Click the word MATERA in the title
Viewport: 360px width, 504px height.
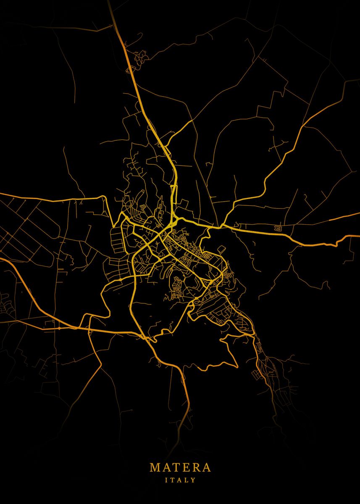click(180, 467)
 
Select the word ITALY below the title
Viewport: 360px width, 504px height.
click(180, 480)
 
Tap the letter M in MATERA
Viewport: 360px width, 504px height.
click(154, 467)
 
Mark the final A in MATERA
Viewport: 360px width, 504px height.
click(206, 467)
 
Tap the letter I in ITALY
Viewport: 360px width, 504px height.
click(166, 480)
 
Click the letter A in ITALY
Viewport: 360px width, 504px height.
click(180, 480)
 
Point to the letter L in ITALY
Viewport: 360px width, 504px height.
click(187, 480)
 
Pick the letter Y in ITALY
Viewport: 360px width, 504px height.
click(194, 480)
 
